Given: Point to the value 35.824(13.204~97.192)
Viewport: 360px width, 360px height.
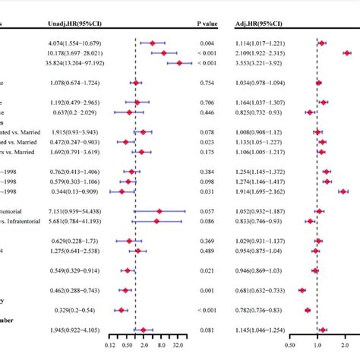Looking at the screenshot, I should [x=70, y=64].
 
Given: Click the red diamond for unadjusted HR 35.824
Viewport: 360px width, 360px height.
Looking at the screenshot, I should [x=180, y=64].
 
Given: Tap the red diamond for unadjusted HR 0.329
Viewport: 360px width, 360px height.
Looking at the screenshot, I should [x=120, y=309].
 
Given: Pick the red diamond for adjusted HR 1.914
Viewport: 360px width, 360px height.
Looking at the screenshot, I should [x=343, y=191].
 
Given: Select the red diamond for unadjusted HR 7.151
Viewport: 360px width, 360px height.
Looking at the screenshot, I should [x=159, y=211].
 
